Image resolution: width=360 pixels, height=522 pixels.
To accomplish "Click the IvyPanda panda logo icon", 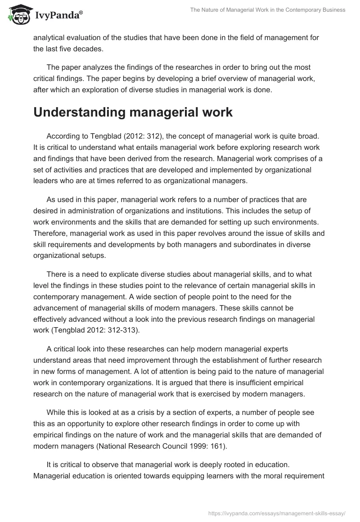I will pos(17,14).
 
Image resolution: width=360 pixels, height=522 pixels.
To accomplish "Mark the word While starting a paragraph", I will pos(56,413).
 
